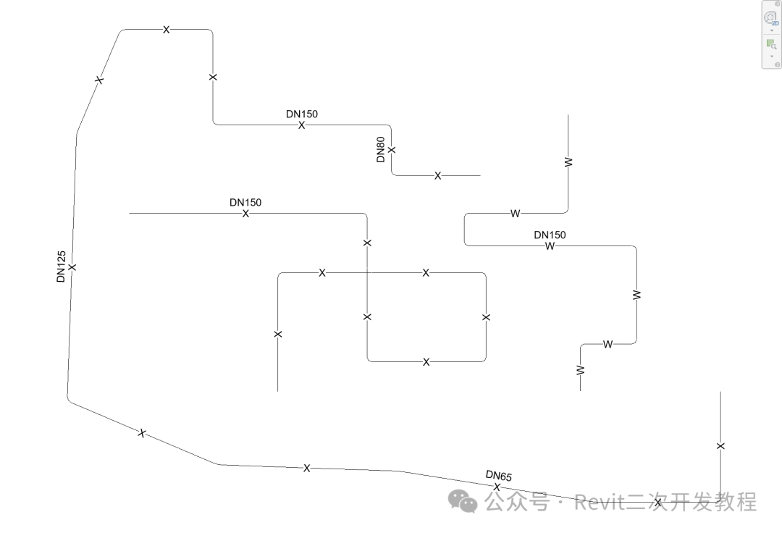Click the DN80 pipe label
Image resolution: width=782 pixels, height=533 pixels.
click(381, 150)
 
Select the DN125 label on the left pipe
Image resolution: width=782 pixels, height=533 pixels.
click(62, 266)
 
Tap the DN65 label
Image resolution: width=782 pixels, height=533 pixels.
click(499, 476)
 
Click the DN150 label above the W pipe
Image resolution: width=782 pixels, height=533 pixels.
click(550, 235)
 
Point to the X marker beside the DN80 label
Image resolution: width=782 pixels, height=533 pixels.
click(392, 150)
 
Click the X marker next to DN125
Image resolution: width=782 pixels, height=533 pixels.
click(72, 267)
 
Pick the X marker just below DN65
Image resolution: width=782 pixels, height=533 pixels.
click(497, 487)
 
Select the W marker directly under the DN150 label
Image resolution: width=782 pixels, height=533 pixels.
click(550, 246)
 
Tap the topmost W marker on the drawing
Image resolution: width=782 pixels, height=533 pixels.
click(568, 162)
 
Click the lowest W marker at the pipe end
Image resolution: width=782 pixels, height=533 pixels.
click(580, 370)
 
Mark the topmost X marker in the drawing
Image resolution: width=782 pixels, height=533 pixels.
click(167, 30)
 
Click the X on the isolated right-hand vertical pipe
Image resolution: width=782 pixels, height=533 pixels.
click(720, 446)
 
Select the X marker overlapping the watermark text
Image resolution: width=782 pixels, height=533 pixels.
click(657, 503)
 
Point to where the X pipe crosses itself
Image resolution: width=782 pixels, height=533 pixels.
click(367, 273)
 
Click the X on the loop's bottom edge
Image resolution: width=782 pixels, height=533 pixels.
click(426, 362)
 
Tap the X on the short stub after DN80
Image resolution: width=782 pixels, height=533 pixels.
click(438, 176)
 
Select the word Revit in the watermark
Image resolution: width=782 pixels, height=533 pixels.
click(598, 501)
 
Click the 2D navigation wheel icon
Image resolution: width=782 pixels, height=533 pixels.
click(771, 19)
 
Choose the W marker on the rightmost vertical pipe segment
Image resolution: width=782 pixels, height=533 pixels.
click(636, 295)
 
